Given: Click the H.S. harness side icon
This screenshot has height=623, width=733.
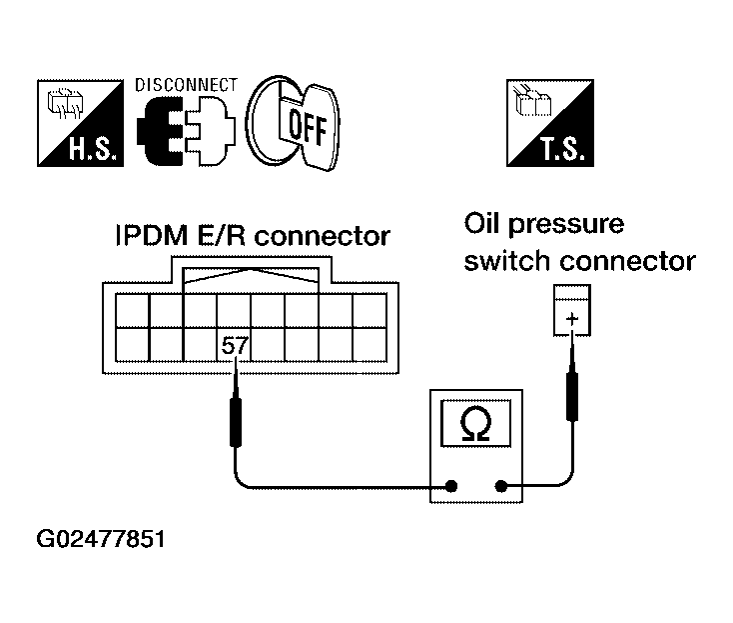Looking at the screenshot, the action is pyautogui.click(x=81, y=123).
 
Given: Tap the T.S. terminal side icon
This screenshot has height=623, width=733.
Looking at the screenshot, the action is pyautogui.click(x=550, y=123).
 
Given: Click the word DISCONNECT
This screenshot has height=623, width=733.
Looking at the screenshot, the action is pyautogui.click(x=186, y=85).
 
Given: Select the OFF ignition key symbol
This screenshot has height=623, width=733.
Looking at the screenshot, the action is pyautogui.click(x=294, y=123).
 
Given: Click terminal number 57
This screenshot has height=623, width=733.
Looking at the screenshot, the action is pyautogui.click(x=235, y=346).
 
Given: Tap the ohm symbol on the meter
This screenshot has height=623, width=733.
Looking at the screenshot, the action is pyautogui.click(x=476, y=424).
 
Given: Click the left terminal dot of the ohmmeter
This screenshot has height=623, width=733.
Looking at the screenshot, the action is pyautogui.click(x=451, y=486).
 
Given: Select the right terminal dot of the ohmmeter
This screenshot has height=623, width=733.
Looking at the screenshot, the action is pyautogui.click(x=501, y=486).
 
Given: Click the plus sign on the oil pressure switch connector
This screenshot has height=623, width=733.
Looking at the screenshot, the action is pyautogui.click(x=572, y=319).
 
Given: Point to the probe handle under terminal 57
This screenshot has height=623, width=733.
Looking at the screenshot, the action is pyautogui.click(x=236, y=422).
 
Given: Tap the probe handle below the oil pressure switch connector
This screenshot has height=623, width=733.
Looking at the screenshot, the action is pyautogui.click(x=572, y=396).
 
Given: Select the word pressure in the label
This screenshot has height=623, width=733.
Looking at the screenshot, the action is pyautogui.click(x=565, y=226).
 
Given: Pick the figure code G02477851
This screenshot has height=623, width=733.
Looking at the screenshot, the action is pyautogui.click(x=101, y=539).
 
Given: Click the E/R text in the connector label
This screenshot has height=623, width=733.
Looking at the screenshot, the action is pyautogui.click(x=221, y=236).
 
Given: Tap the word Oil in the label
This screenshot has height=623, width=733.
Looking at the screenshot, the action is pyautogui.click(x=482, y=223).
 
